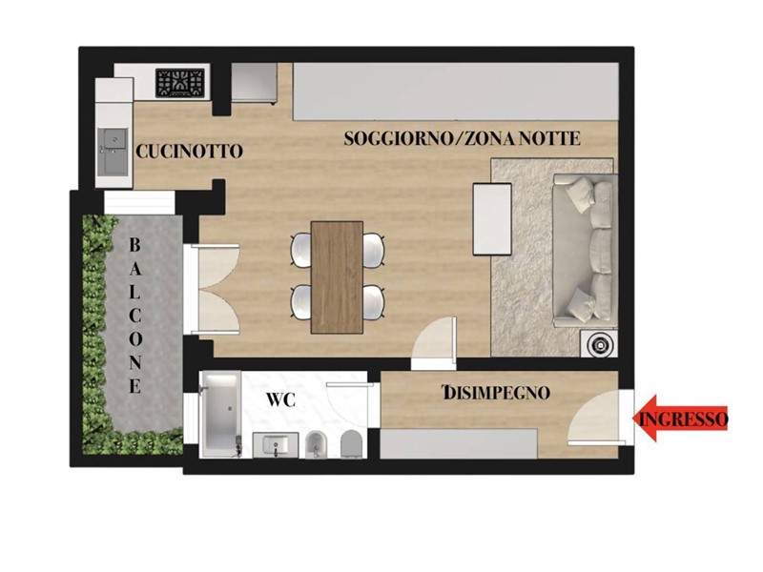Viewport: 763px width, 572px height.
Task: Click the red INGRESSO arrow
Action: [x=680, y=419]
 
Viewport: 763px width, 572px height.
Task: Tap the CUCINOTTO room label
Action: [x=189, y=152]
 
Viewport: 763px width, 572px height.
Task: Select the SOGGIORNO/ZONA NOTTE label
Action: [x=462, y=138]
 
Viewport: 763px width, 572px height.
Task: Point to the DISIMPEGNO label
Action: [x=496, y=392]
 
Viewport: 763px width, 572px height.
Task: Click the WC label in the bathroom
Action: [x=280, y=399]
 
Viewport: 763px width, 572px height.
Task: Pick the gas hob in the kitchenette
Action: [x=180, y=83]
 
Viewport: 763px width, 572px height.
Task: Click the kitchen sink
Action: [x=113, y=152]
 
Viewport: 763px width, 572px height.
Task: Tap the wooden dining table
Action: [x=337, y=277]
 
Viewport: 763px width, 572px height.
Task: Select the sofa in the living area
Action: [x=585, y=251]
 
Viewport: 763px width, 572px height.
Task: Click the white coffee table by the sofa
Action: [x=492, y=219]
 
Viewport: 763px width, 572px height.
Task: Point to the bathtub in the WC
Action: [x=220, y=415]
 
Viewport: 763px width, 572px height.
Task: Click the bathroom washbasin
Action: [x=276, y=445]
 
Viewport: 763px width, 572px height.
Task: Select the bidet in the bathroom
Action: [x=316, y=444]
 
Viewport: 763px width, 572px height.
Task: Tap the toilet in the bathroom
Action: [x=352, y=444]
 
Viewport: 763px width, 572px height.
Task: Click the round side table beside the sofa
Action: [x=599, y=344]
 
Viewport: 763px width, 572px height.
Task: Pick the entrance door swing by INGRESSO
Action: [x=594, y=418]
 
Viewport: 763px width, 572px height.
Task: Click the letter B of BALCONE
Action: [x=134, y=245]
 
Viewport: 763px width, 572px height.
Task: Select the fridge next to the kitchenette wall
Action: [x=254, y=83]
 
